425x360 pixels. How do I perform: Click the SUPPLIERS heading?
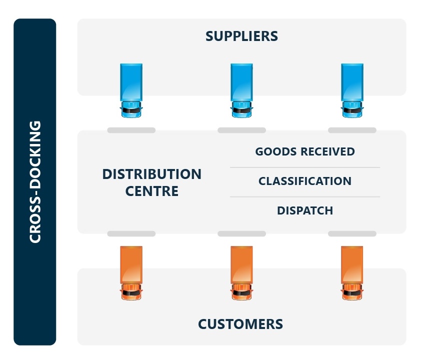click(x=241, y=36)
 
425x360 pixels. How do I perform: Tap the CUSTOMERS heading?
click(x=240, y=324)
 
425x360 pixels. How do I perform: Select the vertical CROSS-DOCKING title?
click(x=35, y=181)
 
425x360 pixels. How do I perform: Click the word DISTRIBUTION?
click(x=152, y=174)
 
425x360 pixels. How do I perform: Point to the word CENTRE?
click(x=152, y=191)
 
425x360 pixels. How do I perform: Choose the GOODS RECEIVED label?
click(x=305, y=151)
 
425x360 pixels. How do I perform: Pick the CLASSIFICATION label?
click(x=305, y=181)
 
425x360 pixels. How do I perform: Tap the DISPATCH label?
click(x=305, y=210)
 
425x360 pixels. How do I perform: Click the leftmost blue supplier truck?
click(x=131, y=90)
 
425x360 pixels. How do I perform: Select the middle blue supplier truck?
click(x=241, y=90)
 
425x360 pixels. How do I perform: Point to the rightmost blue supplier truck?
click(x=352, y=90)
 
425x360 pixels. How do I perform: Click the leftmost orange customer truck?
click(x=131, y=272)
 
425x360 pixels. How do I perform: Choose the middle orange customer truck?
click(x=241, y=272)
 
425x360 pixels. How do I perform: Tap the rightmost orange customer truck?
click(x=352, y=272)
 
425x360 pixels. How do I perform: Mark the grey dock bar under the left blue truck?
click(x=131, y=130)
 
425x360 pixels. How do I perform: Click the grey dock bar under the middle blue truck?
click(x=241, y=130)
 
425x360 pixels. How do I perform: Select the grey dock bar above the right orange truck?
click(x=352, y=233)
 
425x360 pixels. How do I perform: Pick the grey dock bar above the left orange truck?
click(x=131, y=233)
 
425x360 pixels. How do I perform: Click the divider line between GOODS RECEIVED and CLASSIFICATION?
click(x=305, y=167)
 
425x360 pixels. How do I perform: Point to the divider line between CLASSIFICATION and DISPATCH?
click(x=305, y=196)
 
